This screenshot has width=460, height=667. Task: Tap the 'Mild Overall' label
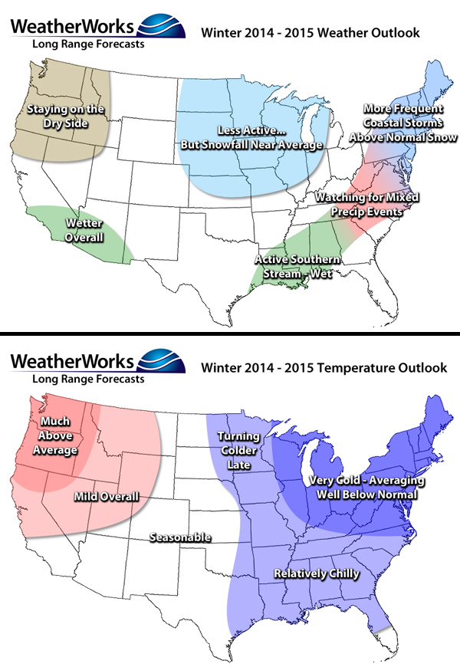click(x=107, y=497)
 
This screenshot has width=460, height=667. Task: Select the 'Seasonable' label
click(x=180, y=537)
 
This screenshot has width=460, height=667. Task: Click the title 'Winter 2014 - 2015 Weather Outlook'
click(x=309, y=33)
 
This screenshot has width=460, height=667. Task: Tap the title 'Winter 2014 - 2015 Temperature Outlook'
click(x=323, y=367)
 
